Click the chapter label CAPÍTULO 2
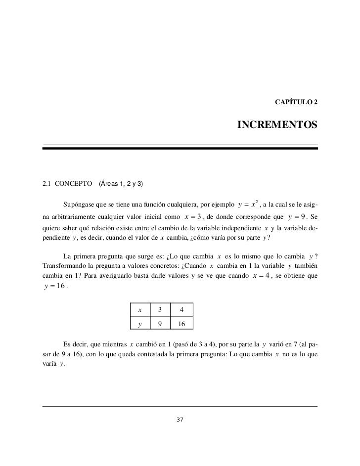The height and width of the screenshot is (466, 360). click(296, 102)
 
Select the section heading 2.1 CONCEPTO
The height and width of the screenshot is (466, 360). click(64, 184)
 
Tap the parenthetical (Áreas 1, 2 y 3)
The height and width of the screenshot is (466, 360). click(121, 184)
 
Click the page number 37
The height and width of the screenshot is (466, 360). click(180, 420)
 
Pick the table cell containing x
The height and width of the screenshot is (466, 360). click(140, 310)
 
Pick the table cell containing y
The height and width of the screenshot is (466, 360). click(140, 324)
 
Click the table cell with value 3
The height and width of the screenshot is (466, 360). click(159, 310)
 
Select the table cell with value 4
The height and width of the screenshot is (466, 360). click(181, 310)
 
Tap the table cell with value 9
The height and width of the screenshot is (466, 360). click(159, 324)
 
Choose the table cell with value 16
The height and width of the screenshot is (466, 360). click(181, 324)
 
